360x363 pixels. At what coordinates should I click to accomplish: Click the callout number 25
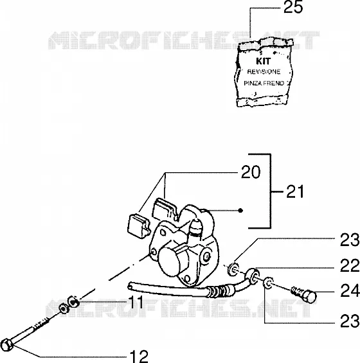293,7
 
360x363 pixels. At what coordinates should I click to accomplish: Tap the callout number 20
251,172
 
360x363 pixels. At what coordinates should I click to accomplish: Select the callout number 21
295,191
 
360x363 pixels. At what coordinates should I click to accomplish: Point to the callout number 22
350,266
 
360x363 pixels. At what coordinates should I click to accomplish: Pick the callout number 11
136,302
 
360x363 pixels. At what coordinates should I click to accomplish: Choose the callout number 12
139,356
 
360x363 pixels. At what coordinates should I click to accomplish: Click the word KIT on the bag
264,61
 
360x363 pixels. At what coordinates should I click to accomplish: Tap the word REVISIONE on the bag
264,72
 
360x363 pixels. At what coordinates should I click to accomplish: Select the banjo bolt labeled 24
304,294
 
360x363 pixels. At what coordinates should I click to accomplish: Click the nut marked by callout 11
73,302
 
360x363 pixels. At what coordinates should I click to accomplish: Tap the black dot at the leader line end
240,211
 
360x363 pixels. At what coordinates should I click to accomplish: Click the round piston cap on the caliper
171,261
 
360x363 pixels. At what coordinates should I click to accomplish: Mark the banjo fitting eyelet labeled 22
252,276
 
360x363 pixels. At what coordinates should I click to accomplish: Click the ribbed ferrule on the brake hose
219,291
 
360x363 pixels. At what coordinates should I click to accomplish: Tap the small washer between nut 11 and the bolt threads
64,308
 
